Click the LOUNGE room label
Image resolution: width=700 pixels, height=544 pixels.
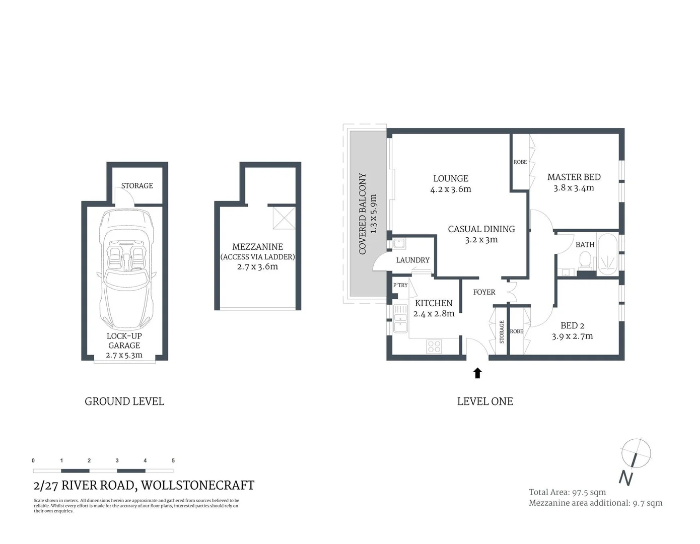click(451, 178)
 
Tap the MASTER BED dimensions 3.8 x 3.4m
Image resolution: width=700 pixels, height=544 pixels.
click(574, 188)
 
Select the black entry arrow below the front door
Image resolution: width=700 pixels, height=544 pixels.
click(477, 373)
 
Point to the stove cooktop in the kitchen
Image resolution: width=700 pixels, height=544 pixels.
click(434, 346)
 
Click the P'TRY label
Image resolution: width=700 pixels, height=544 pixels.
click(400, 285)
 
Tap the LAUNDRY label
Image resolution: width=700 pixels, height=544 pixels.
click(412, 260)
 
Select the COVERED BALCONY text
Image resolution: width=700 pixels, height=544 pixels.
click(362, 214)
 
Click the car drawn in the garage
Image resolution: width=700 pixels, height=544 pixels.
click(124, 269)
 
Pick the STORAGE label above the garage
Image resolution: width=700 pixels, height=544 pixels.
click(137, 185)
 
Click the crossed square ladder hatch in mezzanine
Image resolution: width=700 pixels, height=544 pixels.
click(284, 218)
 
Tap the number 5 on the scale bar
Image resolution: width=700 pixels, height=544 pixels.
click(173, 460)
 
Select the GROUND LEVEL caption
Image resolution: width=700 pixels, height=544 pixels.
click(124, 401)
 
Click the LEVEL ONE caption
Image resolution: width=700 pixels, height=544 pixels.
click(485, 401)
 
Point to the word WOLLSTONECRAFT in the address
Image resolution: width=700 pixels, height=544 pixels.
click(197, 485)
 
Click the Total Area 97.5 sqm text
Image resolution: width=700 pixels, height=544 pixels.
click(567, 492)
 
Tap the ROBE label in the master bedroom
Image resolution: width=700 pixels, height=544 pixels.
click(520, 162)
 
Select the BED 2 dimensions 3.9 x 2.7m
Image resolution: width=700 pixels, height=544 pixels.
click(572, 336)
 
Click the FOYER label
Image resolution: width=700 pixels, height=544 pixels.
click(484, 292)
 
